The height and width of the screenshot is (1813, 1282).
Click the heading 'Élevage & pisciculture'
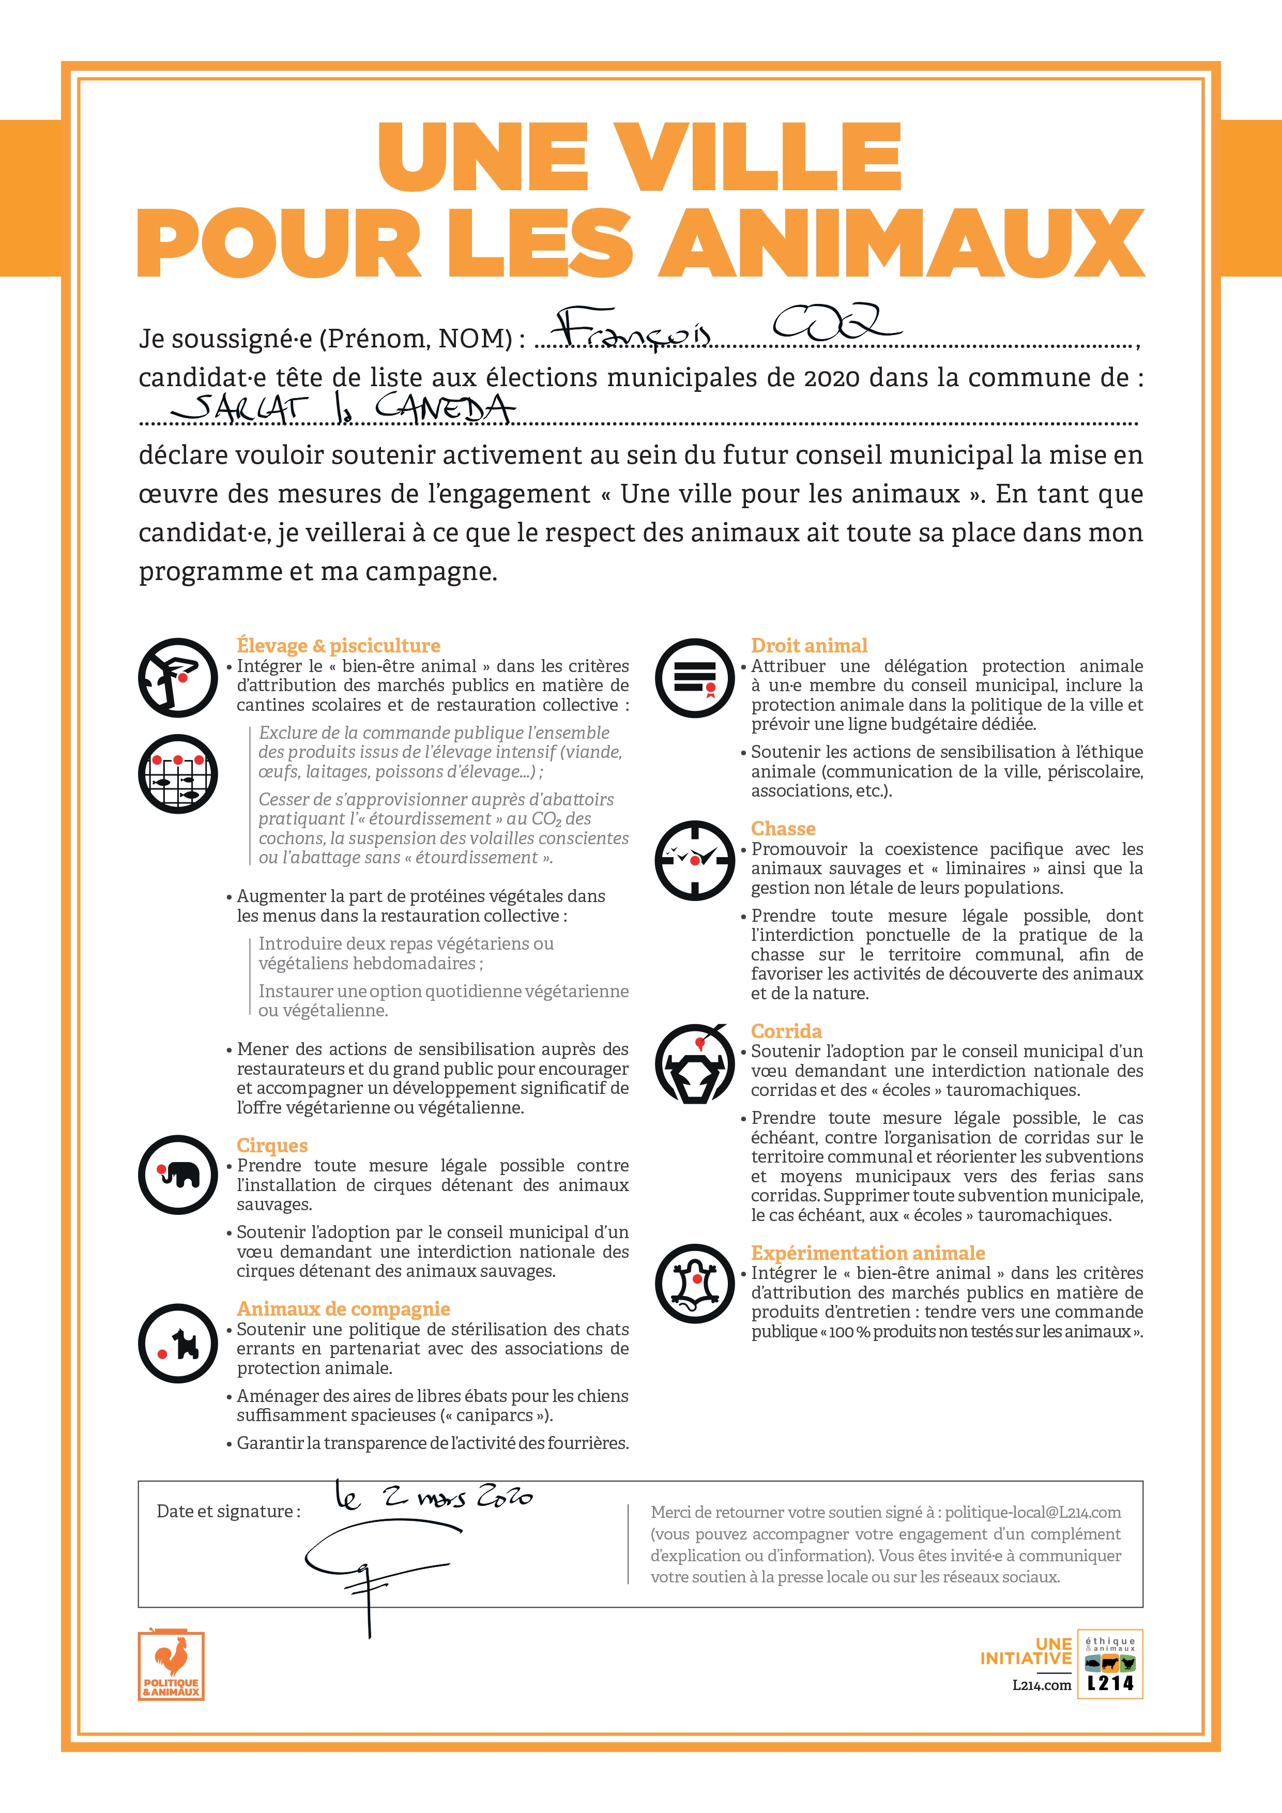pyautogui.click(x=338, y=645)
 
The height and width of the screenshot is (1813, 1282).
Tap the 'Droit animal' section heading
pyautogui.click(x=808, y=645)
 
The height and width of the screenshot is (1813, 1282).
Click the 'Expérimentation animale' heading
pyautogui.click(x=867, y=1253)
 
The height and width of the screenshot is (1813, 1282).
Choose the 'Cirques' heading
pyautogui.click(x=271, y=1145)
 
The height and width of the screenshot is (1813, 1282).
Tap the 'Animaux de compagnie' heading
pyautogui.click(x=343, y=1308)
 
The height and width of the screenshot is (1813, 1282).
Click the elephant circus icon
pyautogui.click(x=178, y=1174)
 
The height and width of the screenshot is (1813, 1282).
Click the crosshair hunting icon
pyautogui.click(x=695, y=860)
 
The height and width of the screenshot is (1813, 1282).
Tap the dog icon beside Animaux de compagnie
pyautogui.click(x=178, y=1343)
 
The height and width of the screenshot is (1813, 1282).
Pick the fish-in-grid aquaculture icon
pyautogui.click(x=178, y=774)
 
